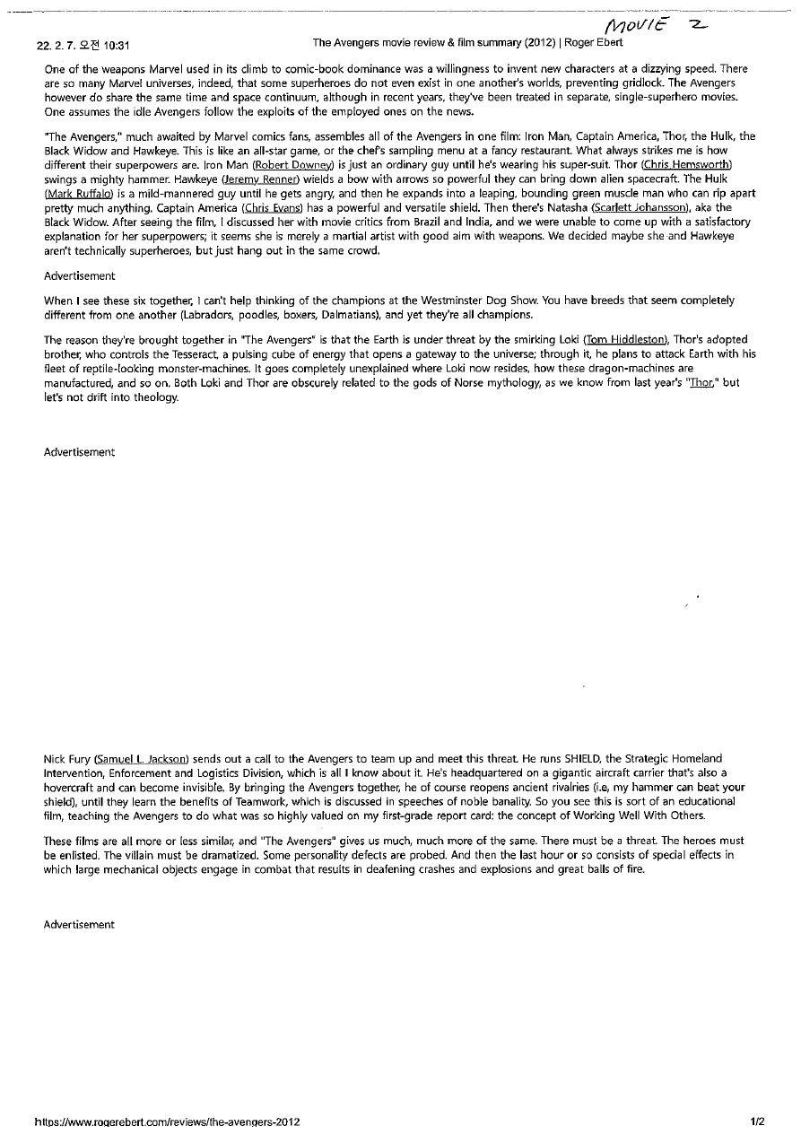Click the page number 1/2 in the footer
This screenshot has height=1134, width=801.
[x=758, y=1121]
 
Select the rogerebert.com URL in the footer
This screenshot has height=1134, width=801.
[x=167, y=1121]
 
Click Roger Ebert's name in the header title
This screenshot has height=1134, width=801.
[x=594, y=43]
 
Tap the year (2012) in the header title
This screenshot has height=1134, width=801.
[x=540, y=43]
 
